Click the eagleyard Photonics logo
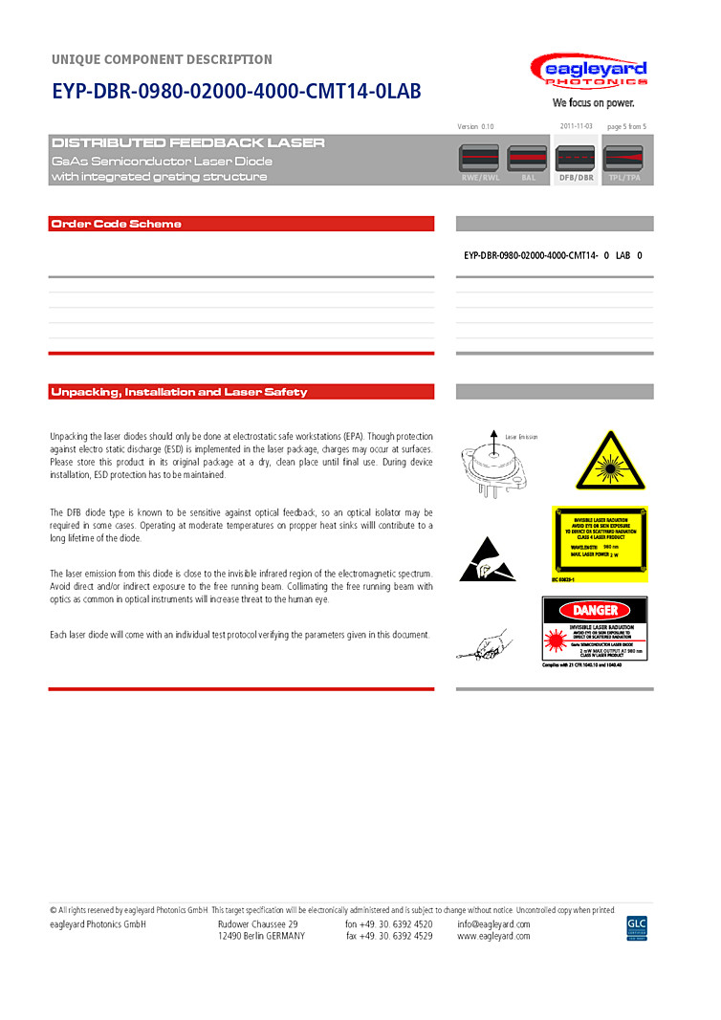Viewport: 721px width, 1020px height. coord(589,72)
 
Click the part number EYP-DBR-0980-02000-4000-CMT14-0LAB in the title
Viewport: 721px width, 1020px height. coord(235,92)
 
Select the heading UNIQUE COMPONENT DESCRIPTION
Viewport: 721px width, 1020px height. coord(162,59)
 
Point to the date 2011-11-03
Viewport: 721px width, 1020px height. coord(576,126)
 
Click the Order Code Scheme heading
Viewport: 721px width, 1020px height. coord(116,224)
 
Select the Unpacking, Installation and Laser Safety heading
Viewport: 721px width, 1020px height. coord(179,392)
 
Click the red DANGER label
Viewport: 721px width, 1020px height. coord(595,610)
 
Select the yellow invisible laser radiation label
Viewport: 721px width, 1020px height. coord(599,543)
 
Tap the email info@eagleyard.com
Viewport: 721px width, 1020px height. coord(493,924)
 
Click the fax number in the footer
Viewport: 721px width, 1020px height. coord(389,936)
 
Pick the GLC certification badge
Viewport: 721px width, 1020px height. coord(637,927)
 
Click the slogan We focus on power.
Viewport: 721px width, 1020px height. coord(593,103)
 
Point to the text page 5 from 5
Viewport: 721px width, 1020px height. coord(626,126)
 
